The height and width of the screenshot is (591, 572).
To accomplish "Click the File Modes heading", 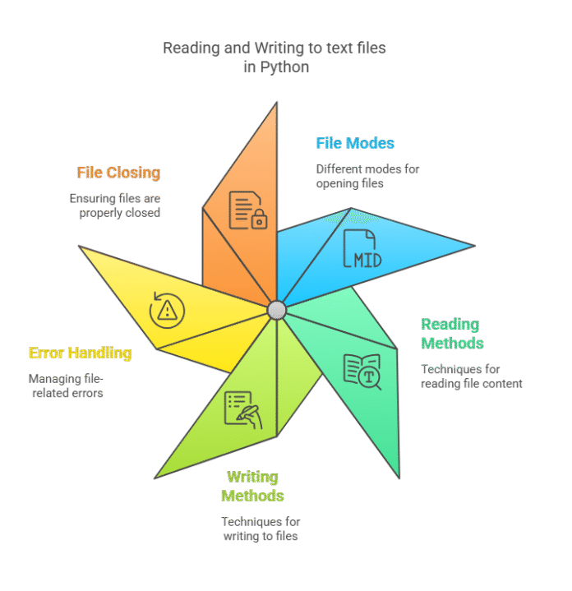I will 355,144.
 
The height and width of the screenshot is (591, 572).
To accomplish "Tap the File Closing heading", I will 118,173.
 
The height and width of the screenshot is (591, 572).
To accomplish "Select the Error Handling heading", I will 80,353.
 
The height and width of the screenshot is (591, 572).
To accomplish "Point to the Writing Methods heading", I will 252,487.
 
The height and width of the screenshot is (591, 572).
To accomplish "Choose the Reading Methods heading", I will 451,334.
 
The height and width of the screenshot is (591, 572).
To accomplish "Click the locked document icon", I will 247,210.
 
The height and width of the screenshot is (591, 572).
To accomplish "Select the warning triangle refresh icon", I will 167,310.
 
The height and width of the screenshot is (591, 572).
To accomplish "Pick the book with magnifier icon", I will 362,371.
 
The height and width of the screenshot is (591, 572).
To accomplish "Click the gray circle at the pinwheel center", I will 277,310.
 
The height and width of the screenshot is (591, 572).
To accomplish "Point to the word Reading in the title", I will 191,48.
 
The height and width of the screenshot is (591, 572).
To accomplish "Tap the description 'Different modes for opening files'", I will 367,176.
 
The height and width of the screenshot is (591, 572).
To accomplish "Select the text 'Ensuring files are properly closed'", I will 115,205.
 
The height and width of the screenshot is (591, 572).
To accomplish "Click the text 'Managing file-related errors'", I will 69,386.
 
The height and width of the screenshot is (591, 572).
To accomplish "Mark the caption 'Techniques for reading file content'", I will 471,376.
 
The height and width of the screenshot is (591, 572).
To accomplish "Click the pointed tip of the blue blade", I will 474,245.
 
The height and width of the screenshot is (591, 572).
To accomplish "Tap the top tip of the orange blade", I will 277,102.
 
